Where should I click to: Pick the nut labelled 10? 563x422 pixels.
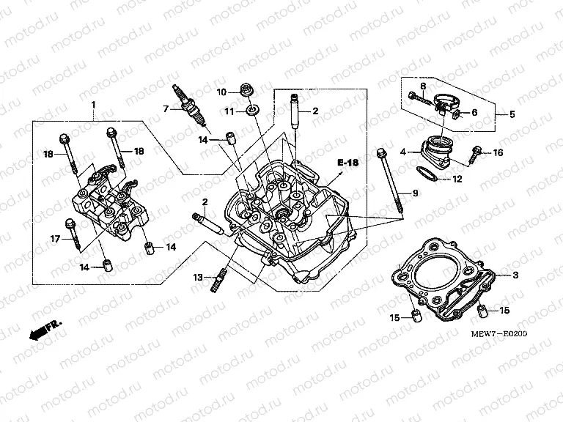pos(246,92)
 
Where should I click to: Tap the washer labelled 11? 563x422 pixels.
pos(251,111)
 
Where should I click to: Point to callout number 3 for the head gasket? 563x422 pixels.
pos(516,274)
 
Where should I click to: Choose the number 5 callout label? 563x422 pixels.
pos(512,114)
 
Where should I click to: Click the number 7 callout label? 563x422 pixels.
pos(166,109)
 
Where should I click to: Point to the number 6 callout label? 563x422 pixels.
pos(474,113)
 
